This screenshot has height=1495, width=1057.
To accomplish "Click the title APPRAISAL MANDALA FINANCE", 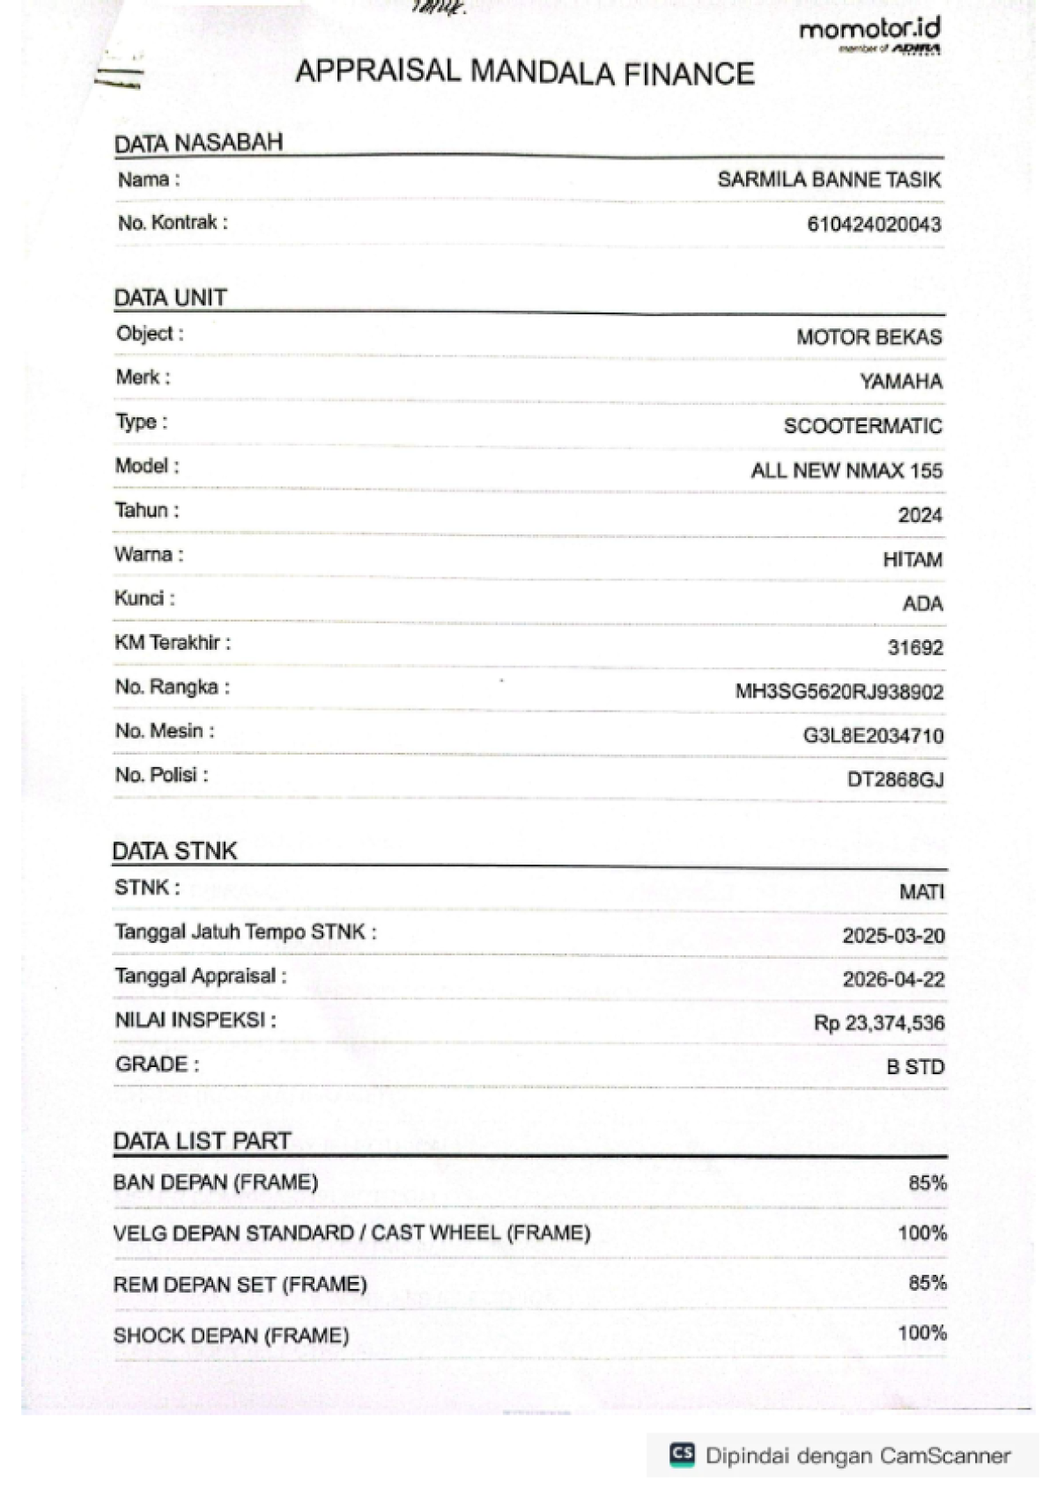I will pyautogui.click(x=525, y=72).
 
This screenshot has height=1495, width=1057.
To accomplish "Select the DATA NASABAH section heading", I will pyautogui.click(x=198, y=143).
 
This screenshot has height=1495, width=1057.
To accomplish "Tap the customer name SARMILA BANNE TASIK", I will pyautogui.click(x=829, y=180).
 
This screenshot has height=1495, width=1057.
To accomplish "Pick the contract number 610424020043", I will pyautogui.click(x=874, y=225).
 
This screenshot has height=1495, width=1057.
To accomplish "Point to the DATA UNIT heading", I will pyautogui.click(x=170, y=298).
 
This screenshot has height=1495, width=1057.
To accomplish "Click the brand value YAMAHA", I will pyautogui.click(x=900, y=382).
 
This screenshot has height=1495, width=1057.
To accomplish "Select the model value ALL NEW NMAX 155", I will pyautogui.click(x=846, y=471).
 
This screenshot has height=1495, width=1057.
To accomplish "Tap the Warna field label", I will pyautogui.click(x=148, y=555).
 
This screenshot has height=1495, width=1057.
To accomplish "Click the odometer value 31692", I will pyautogui.click(x=915, y=648).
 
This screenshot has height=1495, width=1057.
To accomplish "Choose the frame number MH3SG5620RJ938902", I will pyautogui.click(x=839, y=692).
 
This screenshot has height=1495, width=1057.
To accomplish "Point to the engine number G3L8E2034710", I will pyautogui.click(x=872, y=736).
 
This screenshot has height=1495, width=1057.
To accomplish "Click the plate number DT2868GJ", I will pyautogui.click(x=895, y=780).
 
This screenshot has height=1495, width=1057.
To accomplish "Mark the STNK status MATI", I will pyautogui.click(x=921, y=893).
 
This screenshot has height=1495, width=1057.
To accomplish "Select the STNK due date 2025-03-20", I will pyautogui.click(x=893, y=936).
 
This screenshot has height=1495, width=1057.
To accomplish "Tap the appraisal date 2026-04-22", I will pyautogui.click(x=893, y=980).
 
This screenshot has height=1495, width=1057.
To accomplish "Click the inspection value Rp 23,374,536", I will pyautogui.click(x=878, y=1023).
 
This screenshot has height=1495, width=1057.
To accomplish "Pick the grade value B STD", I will pyautogui.click(x=914, y=1067).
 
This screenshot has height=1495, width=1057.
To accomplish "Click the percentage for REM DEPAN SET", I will pyautogui.click(x=927, y=1284).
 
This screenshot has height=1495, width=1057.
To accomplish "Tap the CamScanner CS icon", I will pyautogui.click(x=682, y=1454).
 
